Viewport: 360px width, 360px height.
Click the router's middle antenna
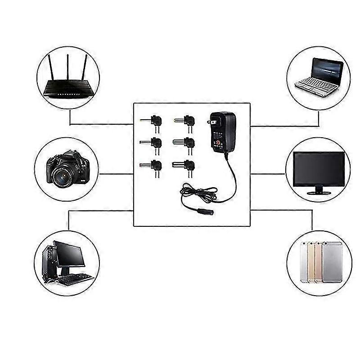point(67,67)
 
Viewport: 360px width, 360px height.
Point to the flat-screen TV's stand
point(318,191)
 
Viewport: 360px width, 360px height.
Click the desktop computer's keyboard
point(74,279)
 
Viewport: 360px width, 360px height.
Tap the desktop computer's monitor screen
point(70,255)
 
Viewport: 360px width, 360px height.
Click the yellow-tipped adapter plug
point(144,121)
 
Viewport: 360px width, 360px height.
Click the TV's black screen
point(319,168)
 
